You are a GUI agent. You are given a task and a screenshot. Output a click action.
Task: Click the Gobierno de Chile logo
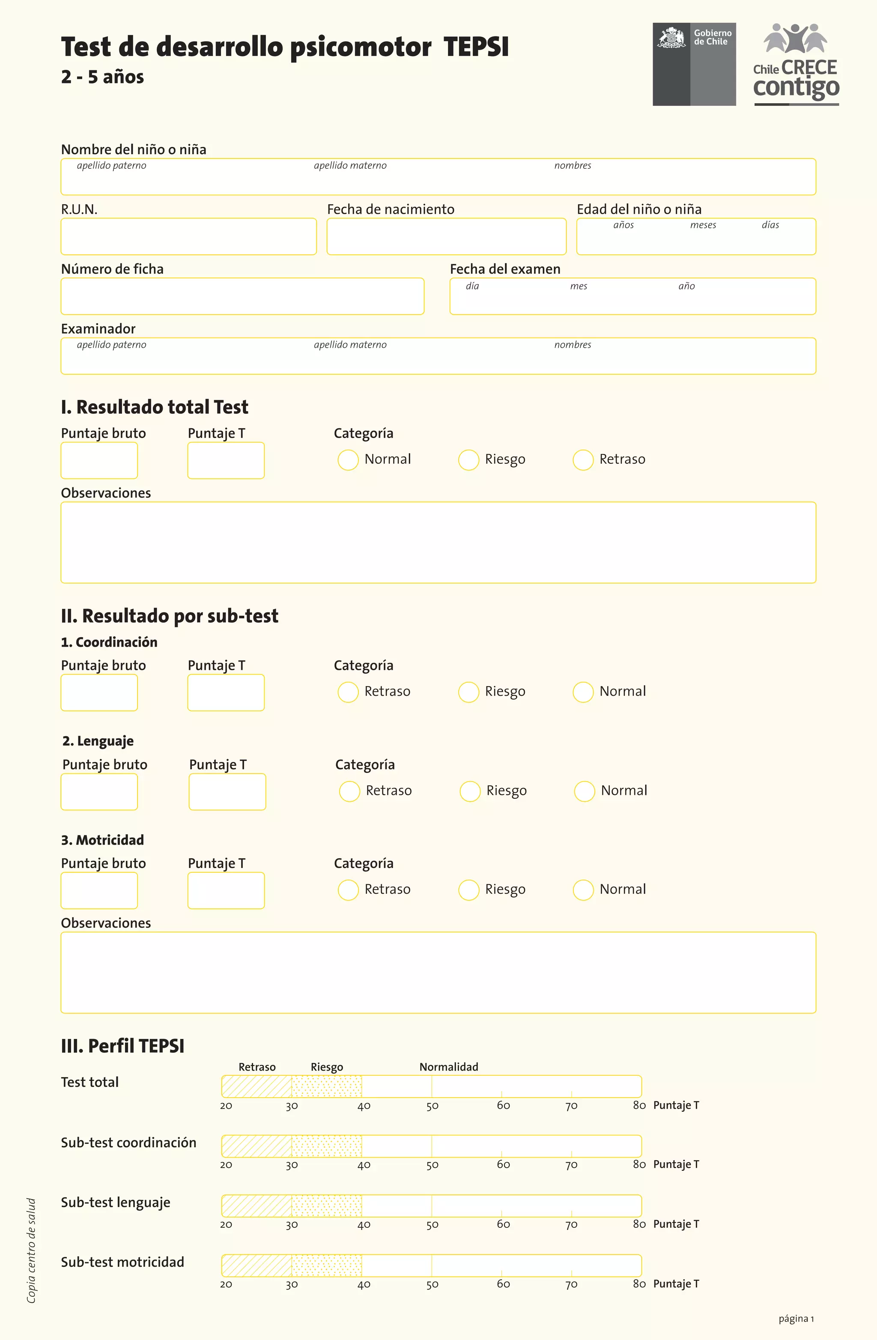(x=694, y=64)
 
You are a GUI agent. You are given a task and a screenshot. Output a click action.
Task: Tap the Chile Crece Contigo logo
(x=796, y=64)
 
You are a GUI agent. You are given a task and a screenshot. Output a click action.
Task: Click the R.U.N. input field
(x=188, y=236)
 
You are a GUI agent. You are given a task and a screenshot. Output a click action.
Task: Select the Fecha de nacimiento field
(x=446, y=236)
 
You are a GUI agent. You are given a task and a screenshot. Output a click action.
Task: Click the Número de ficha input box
(x=242, y=296)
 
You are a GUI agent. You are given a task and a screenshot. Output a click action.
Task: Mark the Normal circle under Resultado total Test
(x=348, y=460)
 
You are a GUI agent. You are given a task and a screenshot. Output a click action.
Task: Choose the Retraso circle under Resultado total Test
(x=583, y=460)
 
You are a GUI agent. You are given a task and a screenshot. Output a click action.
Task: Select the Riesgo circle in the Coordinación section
(x=468, y=692)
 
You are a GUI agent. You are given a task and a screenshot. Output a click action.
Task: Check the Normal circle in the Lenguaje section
(x=584, y=791)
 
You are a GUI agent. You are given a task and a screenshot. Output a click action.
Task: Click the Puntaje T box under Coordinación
(x=226, y=692)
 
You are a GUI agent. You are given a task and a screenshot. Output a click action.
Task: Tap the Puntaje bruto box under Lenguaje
(x=99, y=791)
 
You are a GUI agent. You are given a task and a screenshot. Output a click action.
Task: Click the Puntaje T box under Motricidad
(x=226, y=891)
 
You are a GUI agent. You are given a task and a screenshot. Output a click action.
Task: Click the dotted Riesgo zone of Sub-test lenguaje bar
(x=326, y=1206)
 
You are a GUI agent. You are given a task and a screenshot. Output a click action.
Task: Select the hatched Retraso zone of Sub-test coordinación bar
(x=257, y=1146)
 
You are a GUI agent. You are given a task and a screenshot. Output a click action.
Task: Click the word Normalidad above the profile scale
(x=449, y=1067)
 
